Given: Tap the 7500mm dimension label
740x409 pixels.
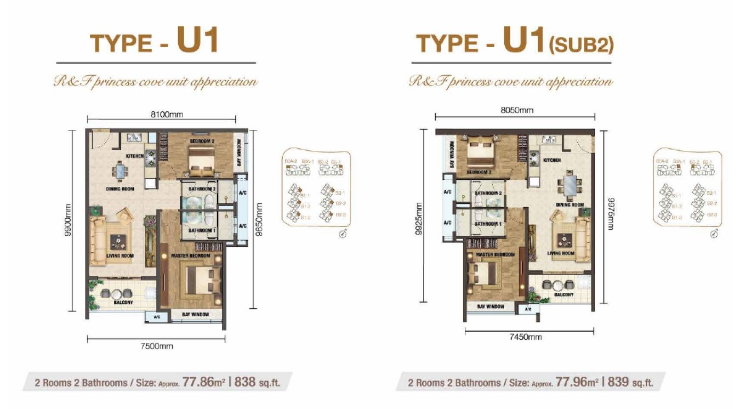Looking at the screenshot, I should pos(157,346).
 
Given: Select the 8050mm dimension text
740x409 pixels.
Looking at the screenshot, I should pos(516,110).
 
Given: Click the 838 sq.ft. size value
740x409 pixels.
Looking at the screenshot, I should pos(257,382).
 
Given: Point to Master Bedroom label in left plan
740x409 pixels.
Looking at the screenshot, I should pos(190,256).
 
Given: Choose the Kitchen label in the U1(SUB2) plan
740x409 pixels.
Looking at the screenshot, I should pos(552,160).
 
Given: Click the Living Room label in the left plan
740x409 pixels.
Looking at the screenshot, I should pos(120,255).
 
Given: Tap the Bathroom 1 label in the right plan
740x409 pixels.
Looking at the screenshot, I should pos(488,224).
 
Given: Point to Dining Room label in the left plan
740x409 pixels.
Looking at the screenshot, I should pos(121,189).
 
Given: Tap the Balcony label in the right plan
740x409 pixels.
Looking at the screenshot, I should pos(563,295).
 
